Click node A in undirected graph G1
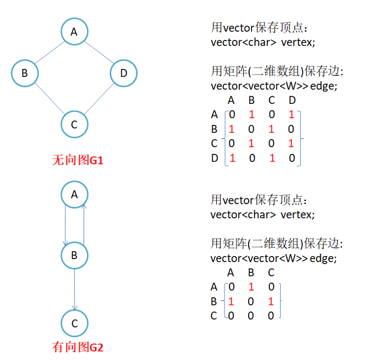tap(74, 32)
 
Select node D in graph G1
tap(123, 73)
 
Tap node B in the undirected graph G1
tap(24, 73)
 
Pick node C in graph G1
tap(74, 124)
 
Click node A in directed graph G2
tap(74, 194)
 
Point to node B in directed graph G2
tap(74, 256)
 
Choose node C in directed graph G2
tap(74, 323)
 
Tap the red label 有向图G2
tap(77, 347)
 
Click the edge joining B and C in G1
tap(49, 99)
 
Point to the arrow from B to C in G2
tap(74, 290)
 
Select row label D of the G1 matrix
tap(215, 159)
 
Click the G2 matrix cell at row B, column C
tap(271, 302)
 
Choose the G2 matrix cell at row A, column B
tap(251, 287)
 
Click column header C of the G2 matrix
tap(271, 273)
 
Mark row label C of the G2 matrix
tap(214, 316)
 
